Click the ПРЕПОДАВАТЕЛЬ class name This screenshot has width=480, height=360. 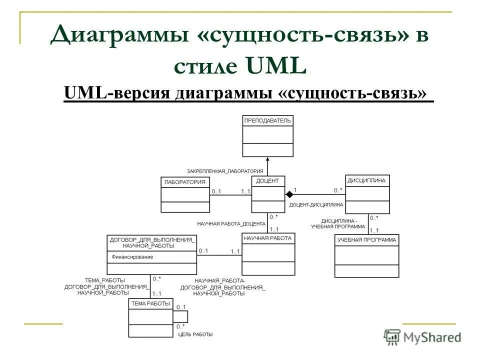[267, 121]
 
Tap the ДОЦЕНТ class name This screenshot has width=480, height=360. [267, 181]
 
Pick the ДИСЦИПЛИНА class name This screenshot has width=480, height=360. [367, 180]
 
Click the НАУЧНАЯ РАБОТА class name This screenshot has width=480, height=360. [267, 238]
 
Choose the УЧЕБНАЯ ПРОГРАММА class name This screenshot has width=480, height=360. [366, 240]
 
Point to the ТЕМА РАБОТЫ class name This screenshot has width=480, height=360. [150, 303]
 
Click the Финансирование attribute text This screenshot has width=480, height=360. [132, 257]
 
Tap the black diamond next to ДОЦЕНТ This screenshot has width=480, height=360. [289, 193]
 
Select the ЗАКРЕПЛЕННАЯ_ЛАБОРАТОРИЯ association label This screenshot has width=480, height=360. [225, 171]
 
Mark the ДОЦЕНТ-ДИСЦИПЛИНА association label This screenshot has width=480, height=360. [316, 204]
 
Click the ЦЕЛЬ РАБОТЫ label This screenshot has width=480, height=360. [195, 334]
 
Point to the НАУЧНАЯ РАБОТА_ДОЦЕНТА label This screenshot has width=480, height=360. [231, 223]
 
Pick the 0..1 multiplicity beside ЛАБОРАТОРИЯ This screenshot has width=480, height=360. [216, 191]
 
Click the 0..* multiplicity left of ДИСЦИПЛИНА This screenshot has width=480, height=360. [338, 190]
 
